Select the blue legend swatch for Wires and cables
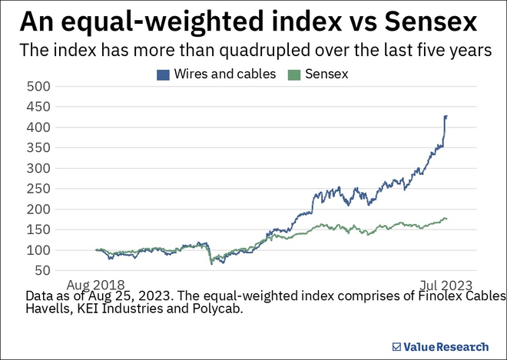pos(163,74)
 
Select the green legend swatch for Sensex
pos(292,74)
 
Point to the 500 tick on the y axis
pos(38,86)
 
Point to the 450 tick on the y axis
pos(38,107)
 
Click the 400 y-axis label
pos(38,127)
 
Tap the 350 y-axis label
pos(38,147)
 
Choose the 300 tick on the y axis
pos(38,168)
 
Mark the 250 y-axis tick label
pos(38,189)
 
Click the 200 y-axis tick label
pos(38,209)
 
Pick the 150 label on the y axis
pos(38,230)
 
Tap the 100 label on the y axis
pos(38,250)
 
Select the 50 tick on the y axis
pos(41,270)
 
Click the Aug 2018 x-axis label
pos(96,282)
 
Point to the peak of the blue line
pos(446,116)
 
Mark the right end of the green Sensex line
pos(447,219)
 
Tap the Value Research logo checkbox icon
pos(396,346)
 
